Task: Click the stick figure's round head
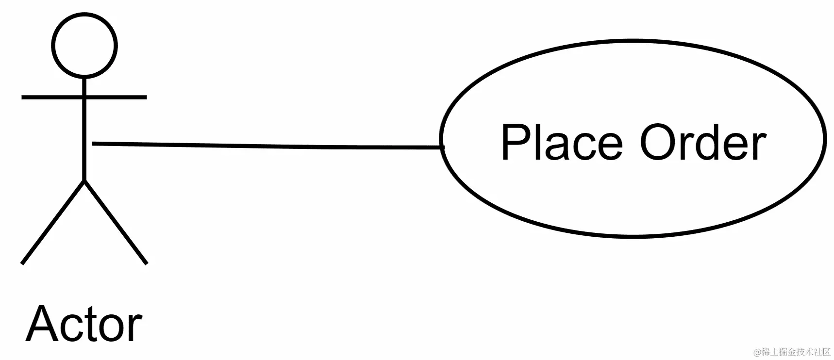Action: tap(84, 46)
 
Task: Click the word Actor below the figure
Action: tap(84, 325)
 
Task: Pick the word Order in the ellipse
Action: tap(703, 143)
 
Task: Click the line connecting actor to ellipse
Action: tap(267, 146)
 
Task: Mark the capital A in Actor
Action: tap(42, 325)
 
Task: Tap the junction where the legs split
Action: tap(84, 181)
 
